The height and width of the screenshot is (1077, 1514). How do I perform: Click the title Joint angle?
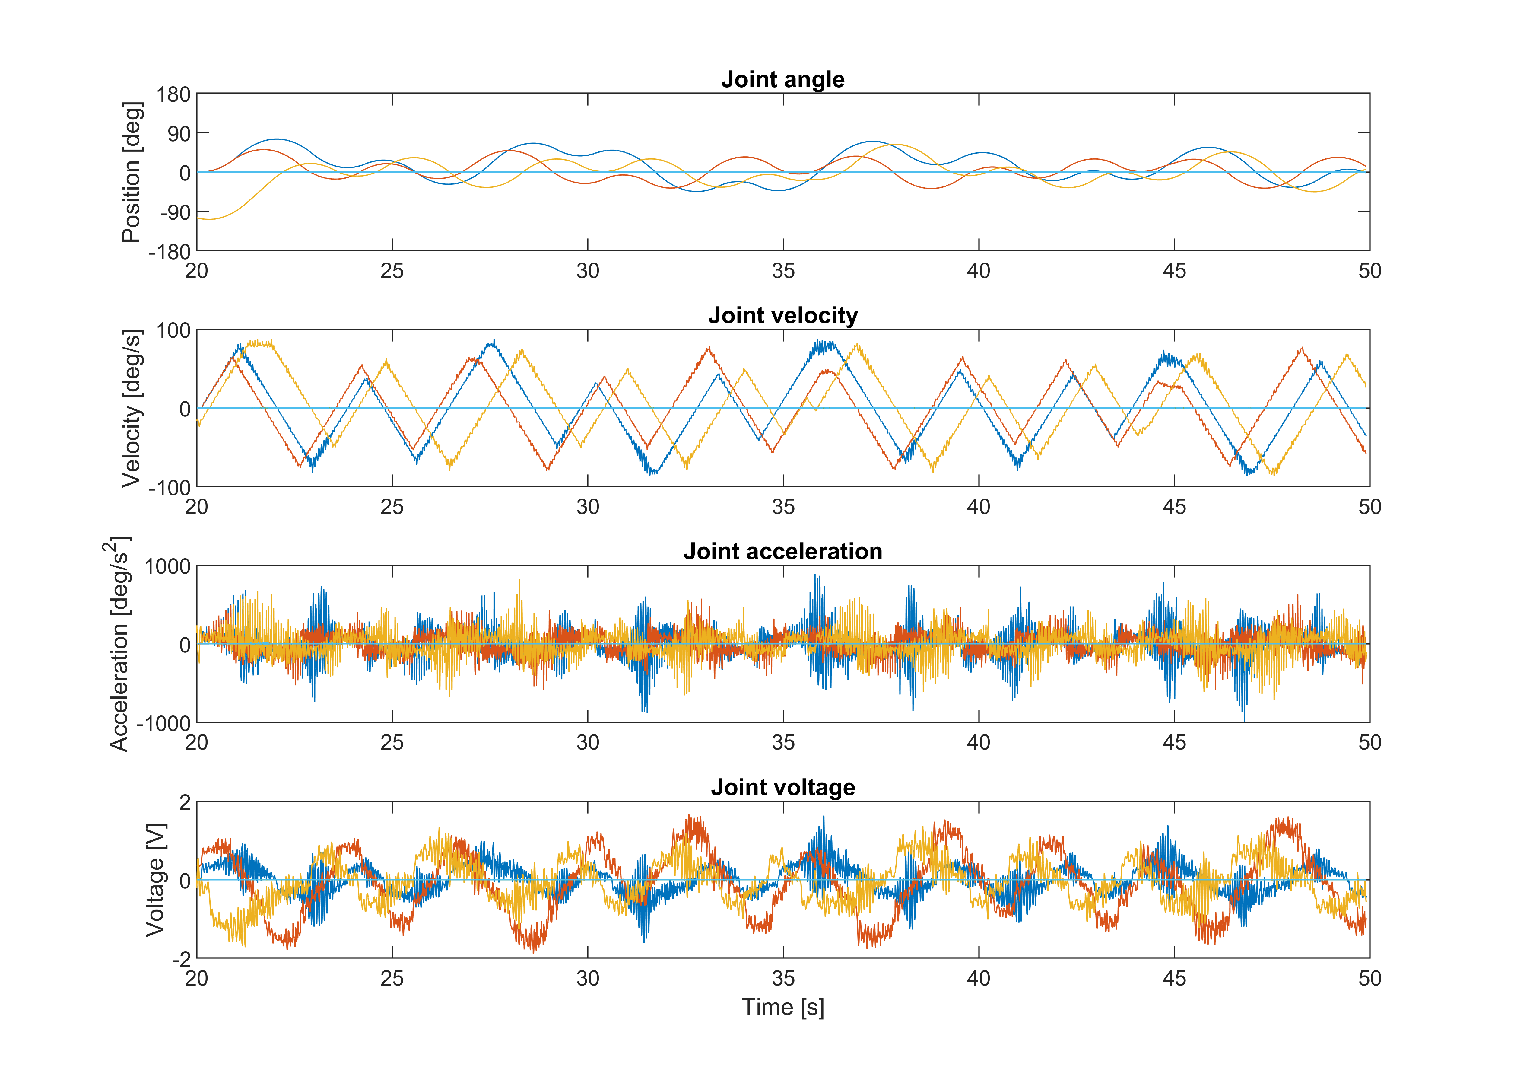(x=783, y=80)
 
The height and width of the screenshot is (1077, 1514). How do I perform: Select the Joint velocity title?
(x=783, y=316)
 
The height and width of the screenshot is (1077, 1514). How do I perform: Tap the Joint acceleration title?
(x=783, y=552)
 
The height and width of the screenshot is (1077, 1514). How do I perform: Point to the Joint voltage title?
(x=783, y=788)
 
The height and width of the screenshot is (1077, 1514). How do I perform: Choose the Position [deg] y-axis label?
(x=132, y=172)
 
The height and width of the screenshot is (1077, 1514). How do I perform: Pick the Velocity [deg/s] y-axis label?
(x=132, y=409)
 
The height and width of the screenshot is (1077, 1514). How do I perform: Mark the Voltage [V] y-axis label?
(x=155, y=880)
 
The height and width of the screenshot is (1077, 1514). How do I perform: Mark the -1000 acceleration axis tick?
(x=163, y=724)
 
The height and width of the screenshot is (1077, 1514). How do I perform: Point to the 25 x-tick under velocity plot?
(x=392, y=507)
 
